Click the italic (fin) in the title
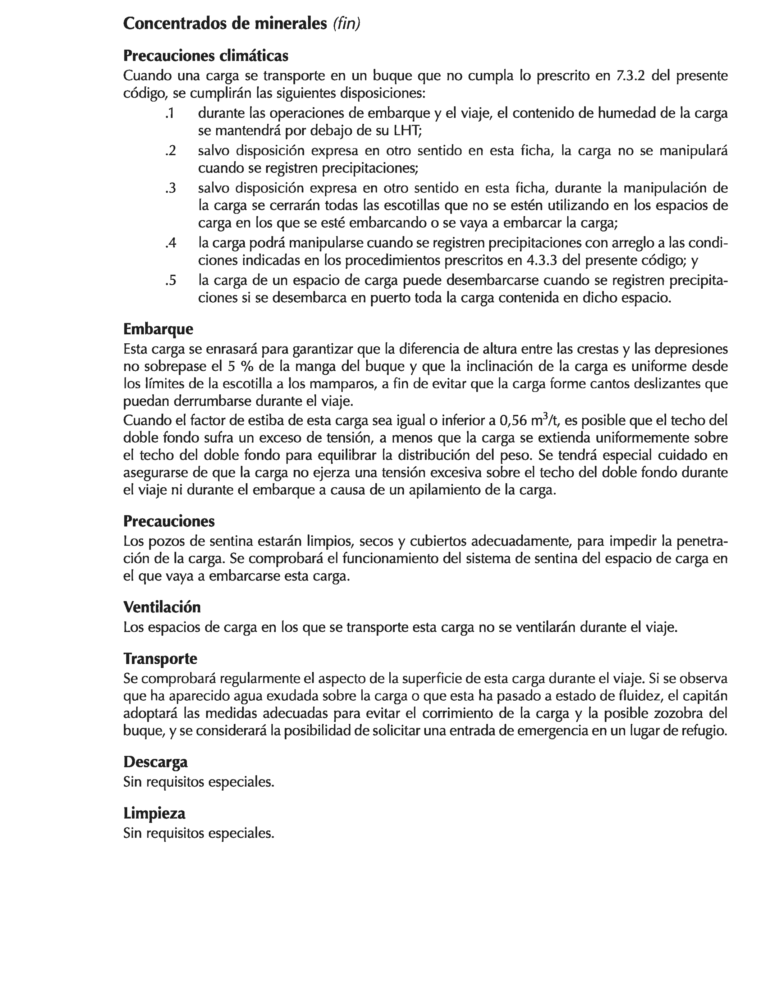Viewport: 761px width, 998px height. (347, 24)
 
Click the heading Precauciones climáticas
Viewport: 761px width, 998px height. (206, 56)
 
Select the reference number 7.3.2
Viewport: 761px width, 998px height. (631, 75)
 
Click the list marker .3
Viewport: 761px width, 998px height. (170, 188)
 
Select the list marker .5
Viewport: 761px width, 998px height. (170, 281)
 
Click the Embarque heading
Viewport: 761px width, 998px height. (158, 329)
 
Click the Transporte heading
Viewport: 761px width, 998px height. (160, 658)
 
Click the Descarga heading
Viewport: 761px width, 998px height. (155, 762)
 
